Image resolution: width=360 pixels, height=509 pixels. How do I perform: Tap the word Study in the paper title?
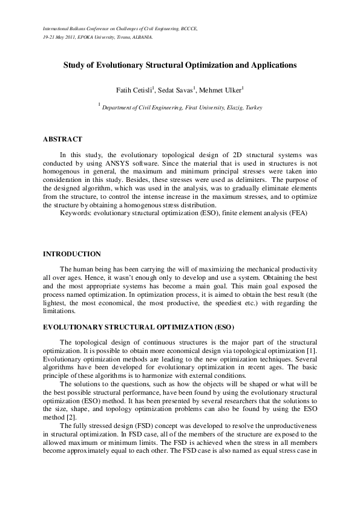tap(75, 64)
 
